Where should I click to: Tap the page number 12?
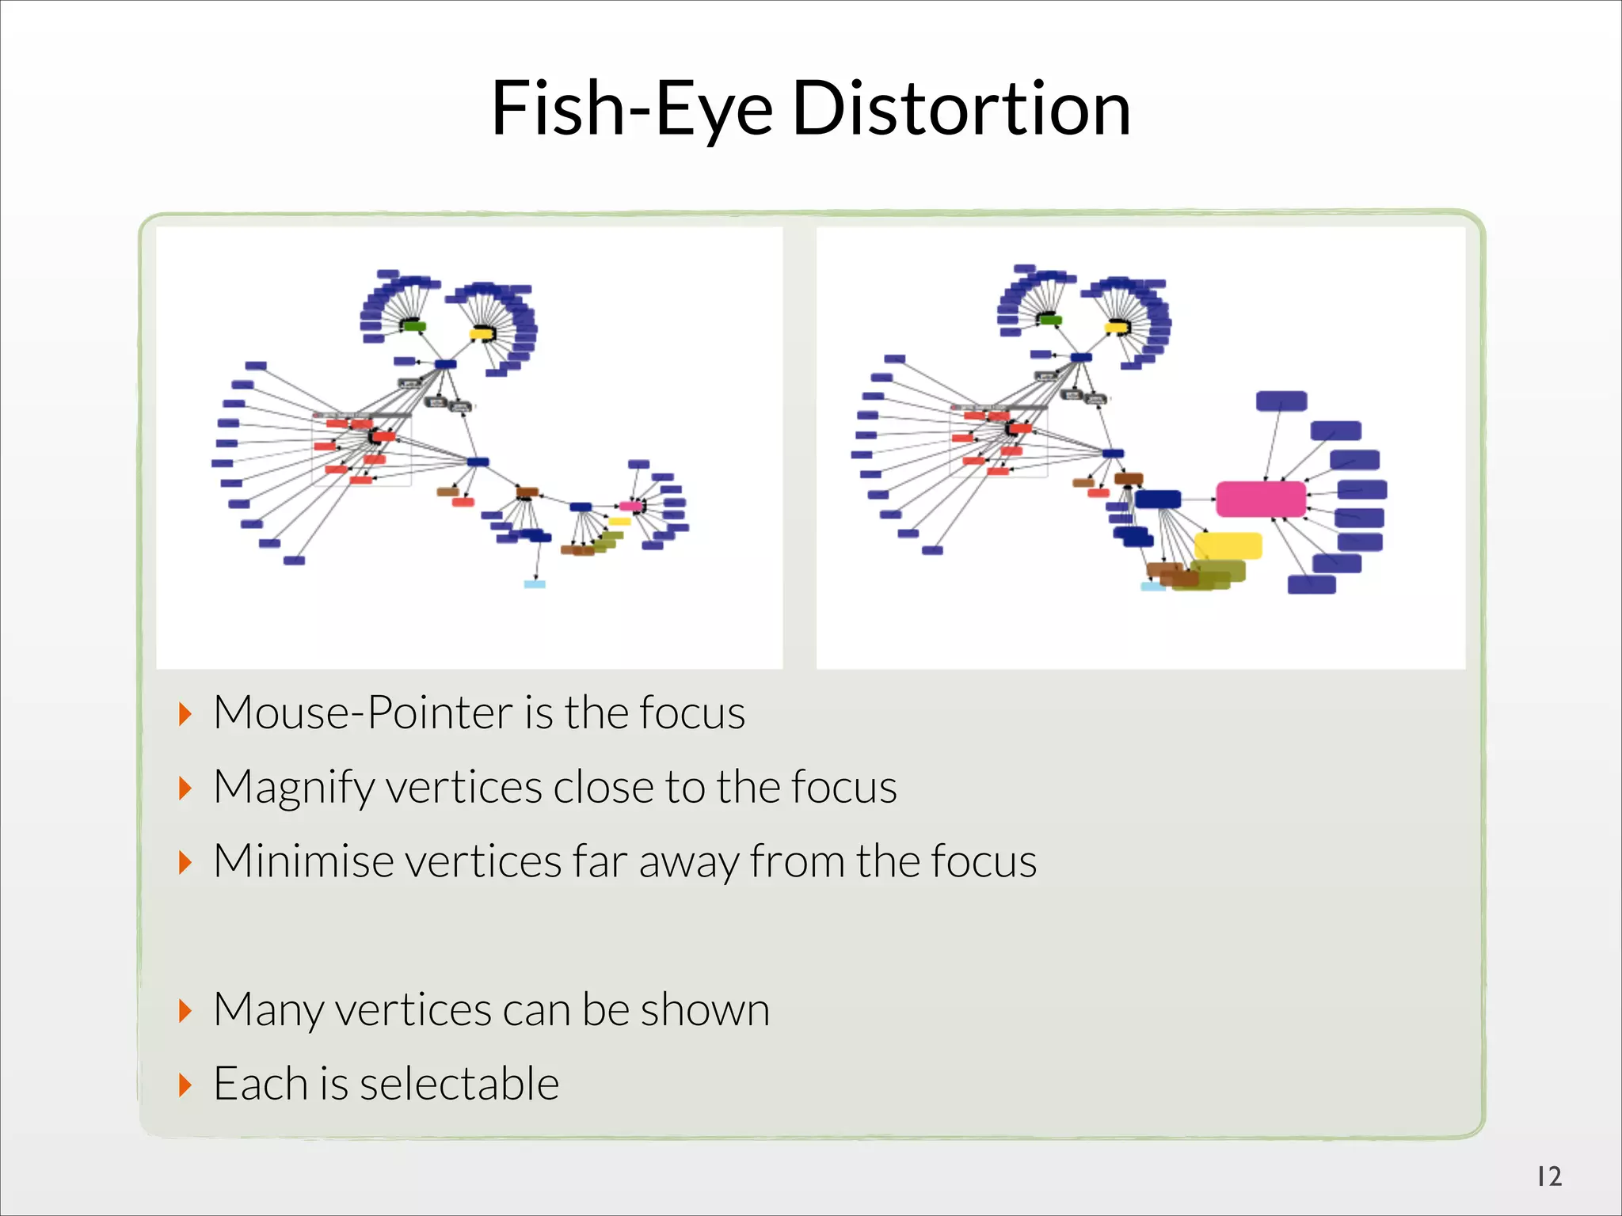coord(1549,1176)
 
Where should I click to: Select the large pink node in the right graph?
coord(1260,499)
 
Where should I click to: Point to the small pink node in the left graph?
coord(631,506)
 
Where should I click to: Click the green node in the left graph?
coord(413,326)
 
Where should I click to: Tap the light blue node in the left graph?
coord(535,584)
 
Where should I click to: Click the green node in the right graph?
coord(1050,320)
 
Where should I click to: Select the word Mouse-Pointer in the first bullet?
coord(362,712)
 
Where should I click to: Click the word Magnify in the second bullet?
coord(294,788)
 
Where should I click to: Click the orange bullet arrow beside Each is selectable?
coord(185,1085)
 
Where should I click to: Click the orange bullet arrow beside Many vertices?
coord(185,1011)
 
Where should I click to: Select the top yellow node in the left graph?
coord(481,333)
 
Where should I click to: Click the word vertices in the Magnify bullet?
coord(463,788)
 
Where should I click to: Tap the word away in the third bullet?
coord(688,862)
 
